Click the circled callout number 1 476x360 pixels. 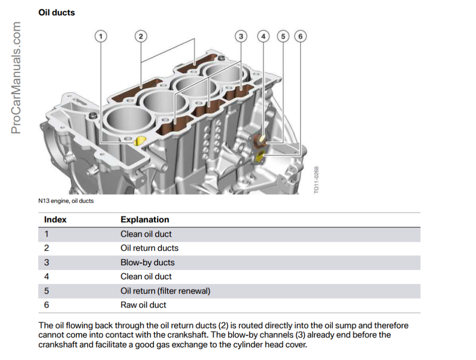pyautogui.click(x=101, y=36)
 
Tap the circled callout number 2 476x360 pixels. pyautogui.click(x=141, y=36)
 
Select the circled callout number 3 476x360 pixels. pyautogui.click(x=241, y=36)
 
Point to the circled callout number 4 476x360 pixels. pyautogui.click(x=263, y=36)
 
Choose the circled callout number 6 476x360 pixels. pyautogui.click(x=300, y=36)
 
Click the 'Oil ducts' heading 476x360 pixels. pyautogui.click(x=56, y=13)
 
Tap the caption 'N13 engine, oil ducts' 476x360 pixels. pyautogui.click(x=66, y=201)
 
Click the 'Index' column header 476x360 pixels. pyautogui.click(x=55, y=219)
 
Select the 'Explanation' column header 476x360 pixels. pyautogui.click(x=144, y=219)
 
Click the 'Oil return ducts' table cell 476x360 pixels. pyautogui.click(x=149, y=248)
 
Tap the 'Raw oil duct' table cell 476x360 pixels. pyautogui.click(x=143, y=305)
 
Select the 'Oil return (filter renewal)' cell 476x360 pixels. pyautogui.click(x=165, y=291)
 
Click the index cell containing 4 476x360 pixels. pyautogui.click(x=46, y=277)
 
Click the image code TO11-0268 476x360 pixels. pyautogui.click(x=317, y=180)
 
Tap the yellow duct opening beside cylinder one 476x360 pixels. pyautogui.click(x=139, y=141)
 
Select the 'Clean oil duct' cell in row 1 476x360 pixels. pyautogui.click(x=146, y=234)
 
